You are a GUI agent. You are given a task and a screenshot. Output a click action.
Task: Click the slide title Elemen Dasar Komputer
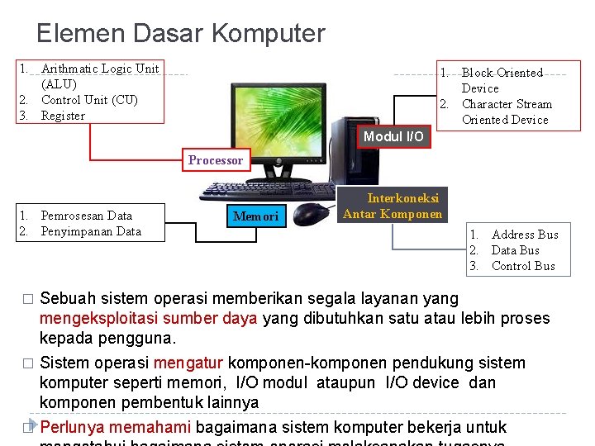(x=181, y=34)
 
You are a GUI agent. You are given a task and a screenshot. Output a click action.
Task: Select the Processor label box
(x=216, y=160)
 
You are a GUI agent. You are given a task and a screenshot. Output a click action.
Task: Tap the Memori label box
(x=256, y=217)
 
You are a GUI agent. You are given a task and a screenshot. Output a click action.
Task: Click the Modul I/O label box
(x=393, y=136)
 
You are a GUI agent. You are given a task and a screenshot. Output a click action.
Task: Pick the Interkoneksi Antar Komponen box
(x=393, y=206)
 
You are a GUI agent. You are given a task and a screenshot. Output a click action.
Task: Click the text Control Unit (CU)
(x=89, y=100)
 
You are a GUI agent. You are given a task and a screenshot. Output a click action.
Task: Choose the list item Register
(x=63, y=116)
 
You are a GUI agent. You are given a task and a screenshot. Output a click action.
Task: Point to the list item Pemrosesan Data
(x=86, y=216)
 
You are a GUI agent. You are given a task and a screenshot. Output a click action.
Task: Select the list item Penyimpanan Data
(x=91, y=231)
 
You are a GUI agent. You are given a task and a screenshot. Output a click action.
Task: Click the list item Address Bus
(x=525, y=235)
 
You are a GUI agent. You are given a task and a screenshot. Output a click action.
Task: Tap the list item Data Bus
(x=515, y=250)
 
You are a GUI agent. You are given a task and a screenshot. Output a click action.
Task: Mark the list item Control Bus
(x=523, y=266)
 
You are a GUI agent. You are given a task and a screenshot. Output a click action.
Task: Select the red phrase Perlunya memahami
(x=116, y=427)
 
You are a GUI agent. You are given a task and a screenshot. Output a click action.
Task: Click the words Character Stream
(x=507, y=104)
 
